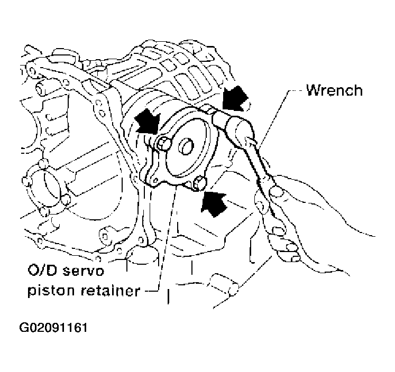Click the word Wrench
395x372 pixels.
[335, 90]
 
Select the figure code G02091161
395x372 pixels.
[53, 328]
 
